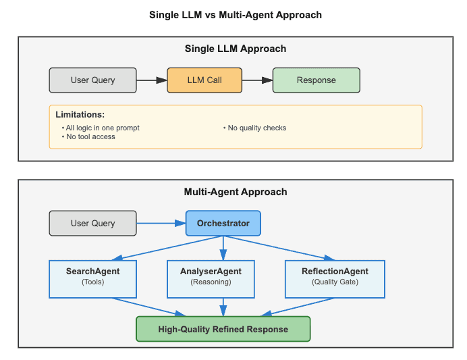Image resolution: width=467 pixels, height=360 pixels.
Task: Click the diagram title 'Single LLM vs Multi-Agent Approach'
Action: point(236,15)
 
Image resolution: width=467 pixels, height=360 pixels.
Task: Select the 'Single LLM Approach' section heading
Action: point(236,49)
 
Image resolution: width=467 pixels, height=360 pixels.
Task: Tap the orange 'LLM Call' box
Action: point(204,80)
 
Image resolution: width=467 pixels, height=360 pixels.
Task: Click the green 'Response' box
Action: point(316,80)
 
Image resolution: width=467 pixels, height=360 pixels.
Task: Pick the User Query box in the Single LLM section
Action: point(93,80)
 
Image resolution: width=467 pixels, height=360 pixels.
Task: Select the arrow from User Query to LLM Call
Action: point(152,80)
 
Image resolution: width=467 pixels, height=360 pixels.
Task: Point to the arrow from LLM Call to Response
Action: point(257,80)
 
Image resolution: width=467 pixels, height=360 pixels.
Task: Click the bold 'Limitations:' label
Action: point(80,115)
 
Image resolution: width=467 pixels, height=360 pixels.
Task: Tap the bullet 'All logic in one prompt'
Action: point(103,128)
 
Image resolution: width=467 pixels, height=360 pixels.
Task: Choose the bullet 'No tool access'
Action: point(90,136)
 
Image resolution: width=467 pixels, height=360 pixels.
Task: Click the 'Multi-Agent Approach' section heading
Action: point(236,192)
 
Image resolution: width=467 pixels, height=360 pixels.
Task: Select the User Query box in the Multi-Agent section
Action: point(93,223)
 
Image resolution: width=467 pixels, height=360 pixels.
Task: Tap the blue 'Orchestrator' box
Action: point(223,223)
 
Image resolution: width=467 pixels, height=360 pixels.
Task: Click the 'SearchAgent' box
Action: point(92,278)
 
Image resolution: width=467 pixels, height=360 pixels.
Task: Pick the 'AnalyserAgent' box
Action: point(211,278)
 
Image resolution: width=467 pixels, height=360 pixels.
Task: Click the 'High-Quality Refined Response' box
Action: point(223,329)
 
